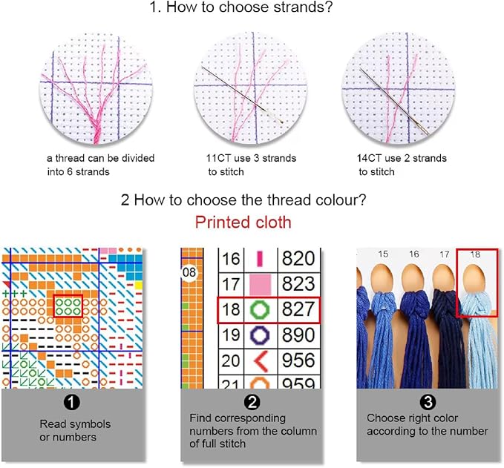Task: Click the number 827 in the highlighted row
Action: tap(298, 309)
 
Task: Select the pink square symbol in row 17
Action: tap(260, 285)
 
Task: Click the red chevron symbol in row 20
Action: tap(261, 361)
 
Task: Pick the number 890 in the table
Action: tap(298, 335)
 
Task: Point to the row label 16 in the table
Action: tap(231, 259)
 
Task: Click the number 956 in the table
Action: tap(298, 360)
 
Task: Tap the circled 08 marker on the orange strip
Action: tap(189, 272)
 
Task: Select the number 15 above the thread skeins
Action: tap(383, 254)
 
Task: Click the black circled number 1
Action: tap(71, 402)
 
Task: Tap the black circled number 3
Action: tap(428, 402)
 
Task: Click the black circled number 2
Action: tap(252, 402)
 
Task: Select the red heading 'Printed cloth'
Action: tap(243, 223)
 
